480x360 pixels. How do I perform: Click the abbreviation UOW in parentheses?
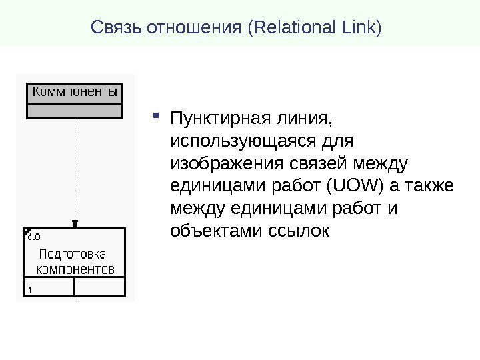pos(365,186)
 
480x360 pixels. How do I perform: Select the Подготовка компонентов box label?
pos(75,262)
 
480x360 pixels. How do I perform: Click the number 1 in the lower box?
pos(31,289)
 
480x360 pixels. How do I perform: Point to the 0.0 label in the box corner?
pos(33,235)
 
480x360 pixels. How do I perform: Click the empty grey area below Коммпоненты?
pos(75,110)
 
